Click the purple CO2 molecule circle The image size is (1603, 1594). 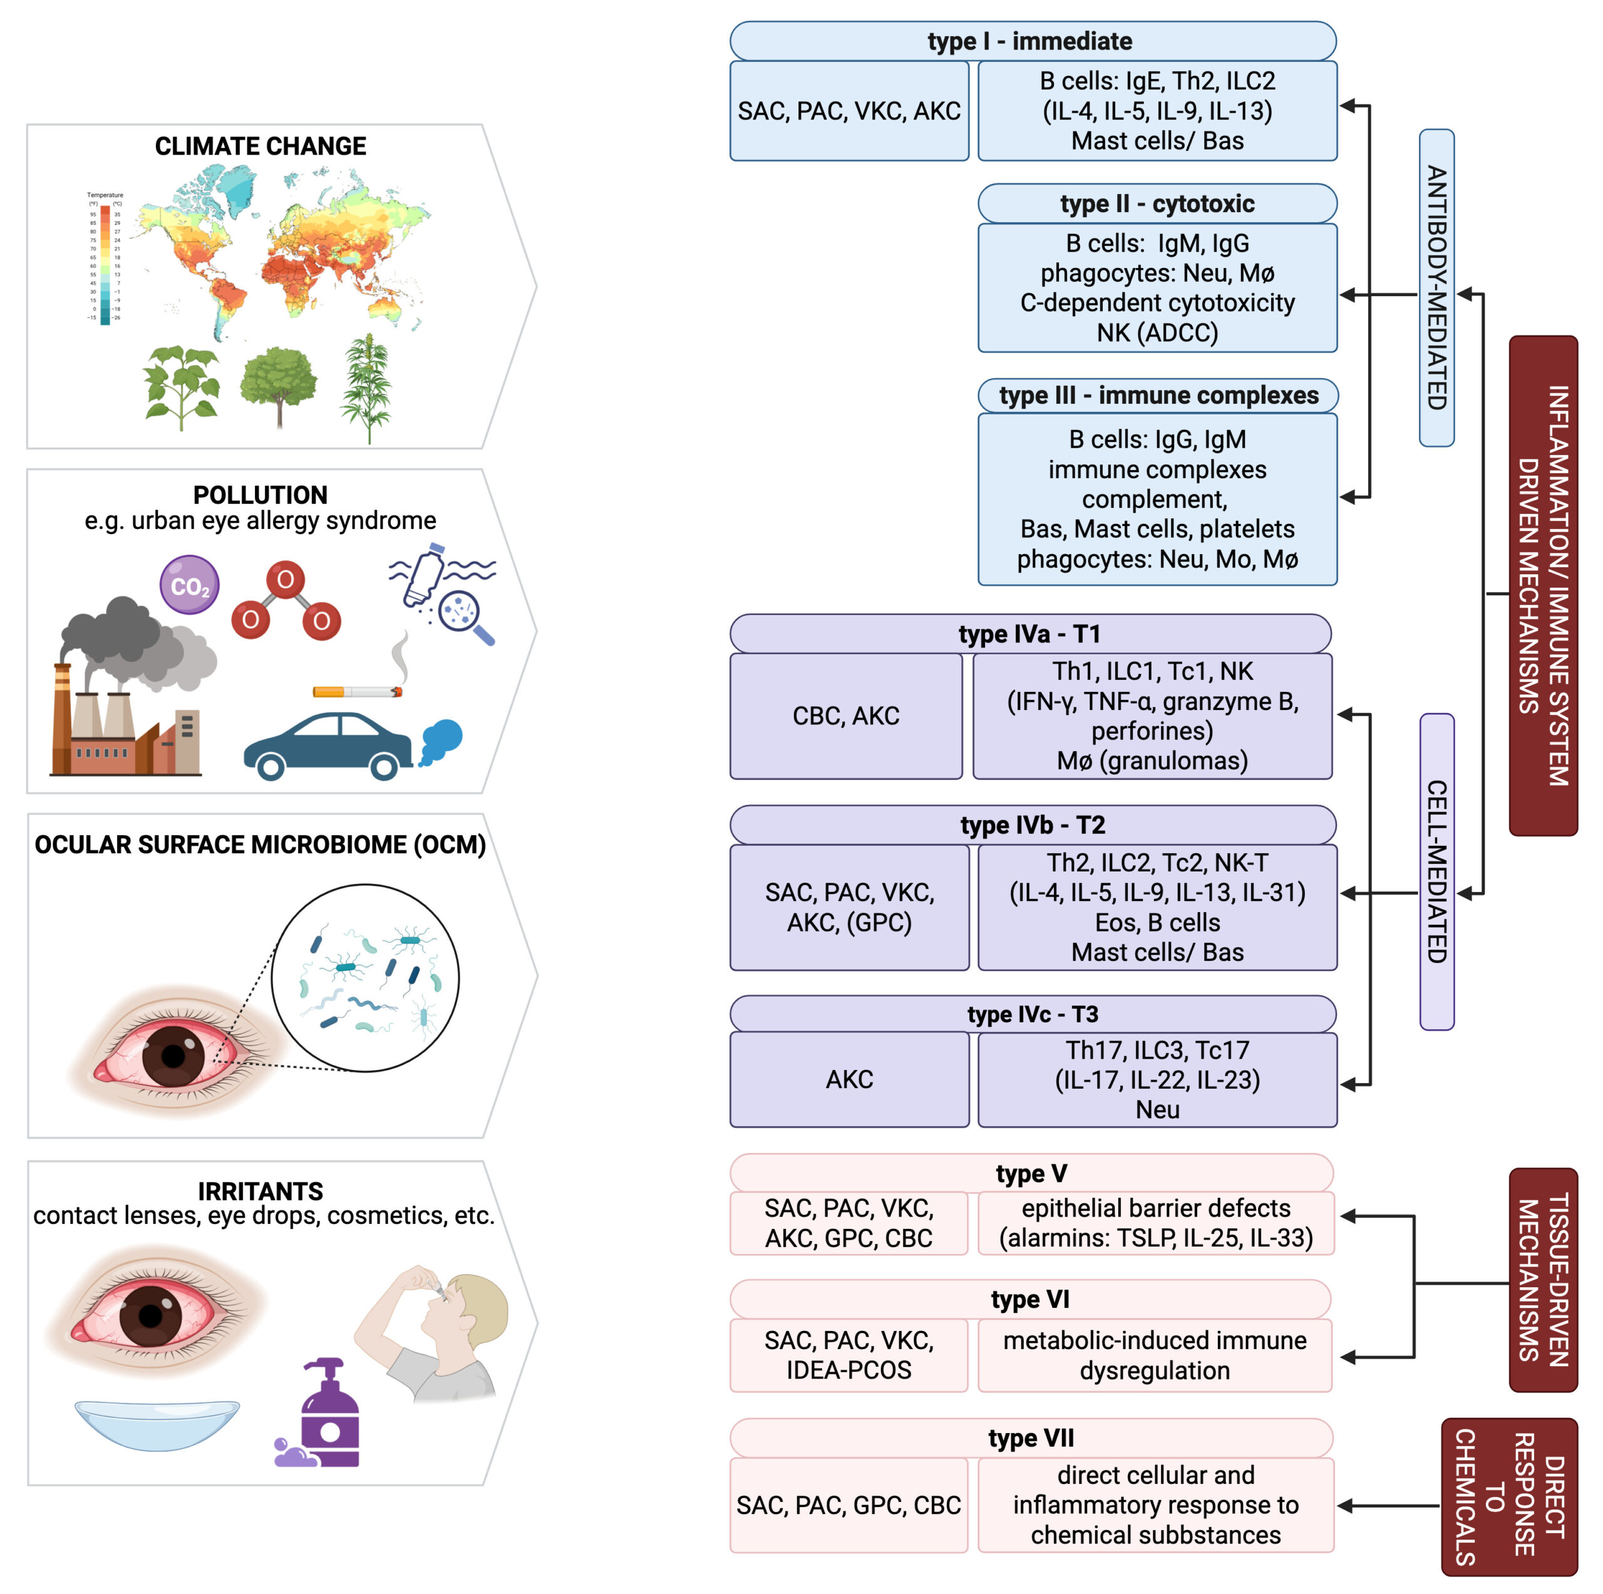[x=189, y=585]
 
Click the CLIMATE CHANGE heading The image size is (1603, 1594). [x=260, y=146]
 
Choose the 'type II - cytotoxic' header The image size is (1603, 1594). [x=1157, y=203]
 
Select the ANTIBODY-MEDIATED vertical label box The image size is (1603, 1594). [x=1436, y=287]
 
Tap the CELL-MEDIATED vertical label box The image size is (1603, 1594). [x=1436, y=872]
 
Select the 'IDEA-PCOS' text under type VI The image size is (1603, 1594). [x=849, y=1370]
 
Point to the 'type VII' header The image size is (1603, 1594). [x=1031, y=1438]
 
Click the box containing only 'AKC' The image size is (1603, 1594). [x=849, y=1079]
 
